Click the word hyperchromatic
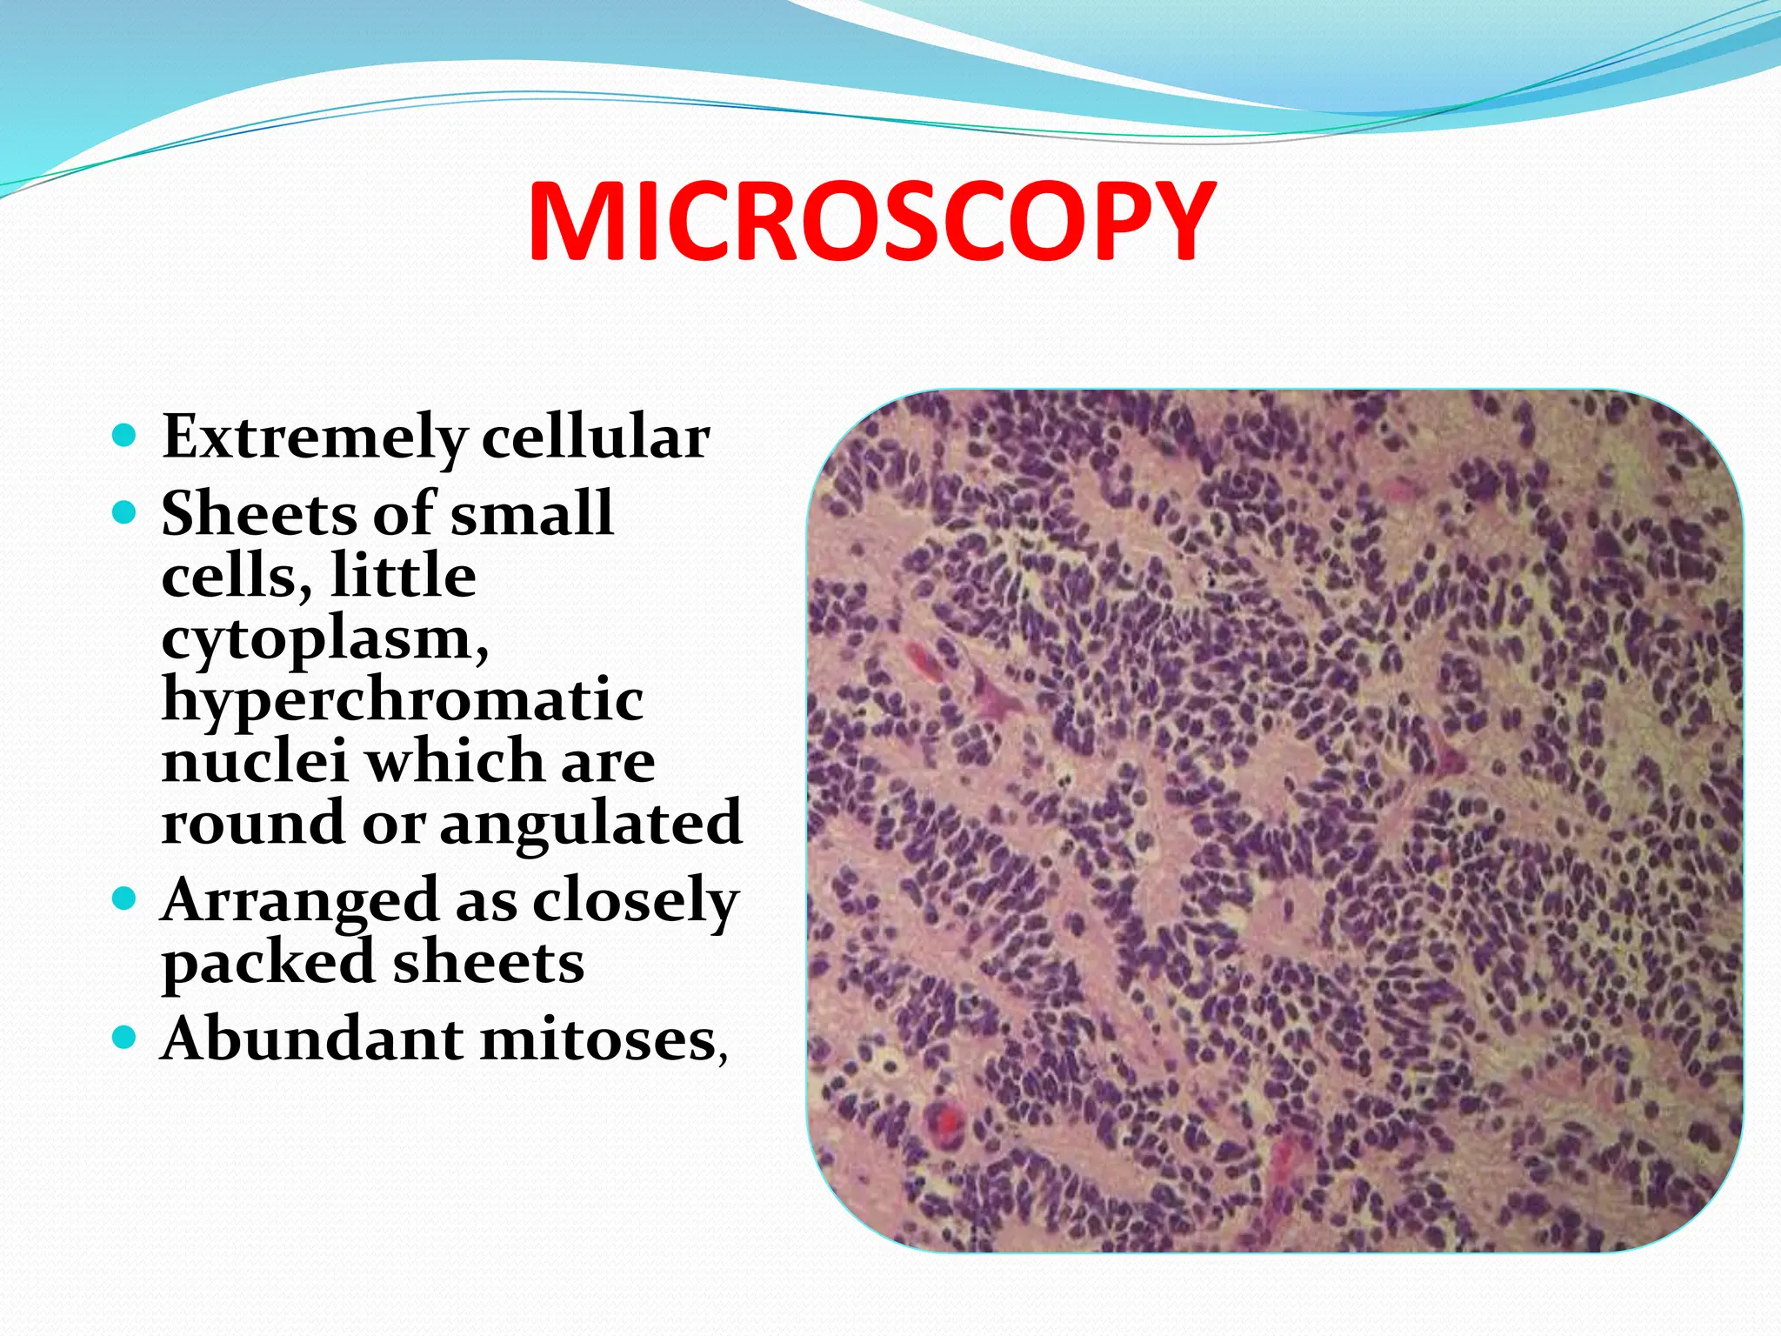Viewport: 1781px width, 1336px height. pos(403,700)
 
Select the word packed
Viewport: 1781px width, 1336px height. pos(267,964)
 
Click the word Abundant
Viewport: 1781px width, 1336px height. pos(312,1039)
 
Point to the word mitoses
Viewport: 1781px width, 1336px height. pos(597,1040)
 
